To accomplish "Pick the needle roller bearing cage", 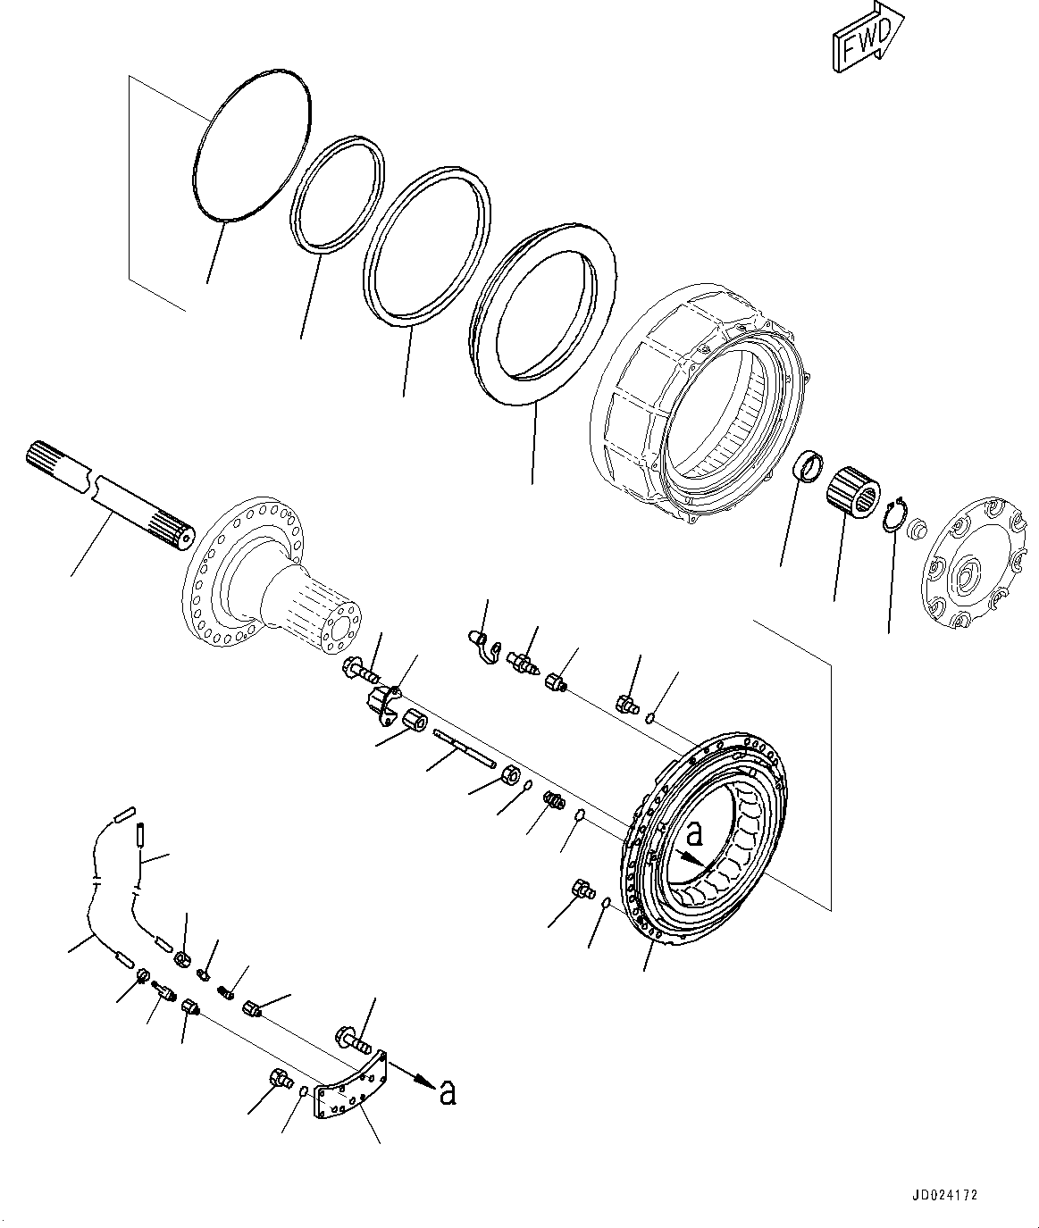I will click(854, 491).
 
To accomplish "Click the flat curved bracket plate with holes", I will click(348, 1085).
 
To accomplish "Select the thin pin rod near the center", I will click(464, 747).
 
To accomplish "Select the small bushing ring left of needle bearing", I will click(809, 466).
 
